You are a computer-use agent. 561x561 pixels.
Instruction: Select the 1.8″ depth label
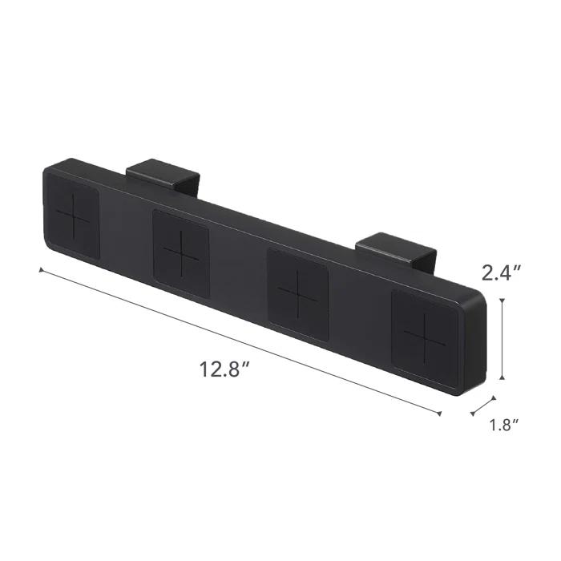505,426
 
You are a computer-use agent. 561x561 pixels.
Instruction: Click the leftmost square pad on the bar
76,218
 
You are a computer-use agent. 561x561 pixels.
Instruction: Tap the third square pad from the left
298,288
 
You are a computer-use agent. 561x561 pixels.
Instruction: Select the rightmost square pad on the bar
425,331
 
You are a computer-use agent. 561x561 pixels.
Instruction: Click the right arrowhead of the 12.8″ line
440,414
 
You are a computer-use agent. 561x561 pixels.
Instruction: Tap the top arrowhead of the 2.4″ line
502,301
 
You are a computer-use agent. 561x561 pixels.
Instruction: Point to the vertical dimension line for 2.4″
502,339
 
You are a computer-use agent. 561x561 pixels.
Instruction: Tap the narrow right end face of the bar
474,345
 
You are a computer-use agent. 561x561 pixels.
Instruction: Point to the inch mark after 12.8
248,365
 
